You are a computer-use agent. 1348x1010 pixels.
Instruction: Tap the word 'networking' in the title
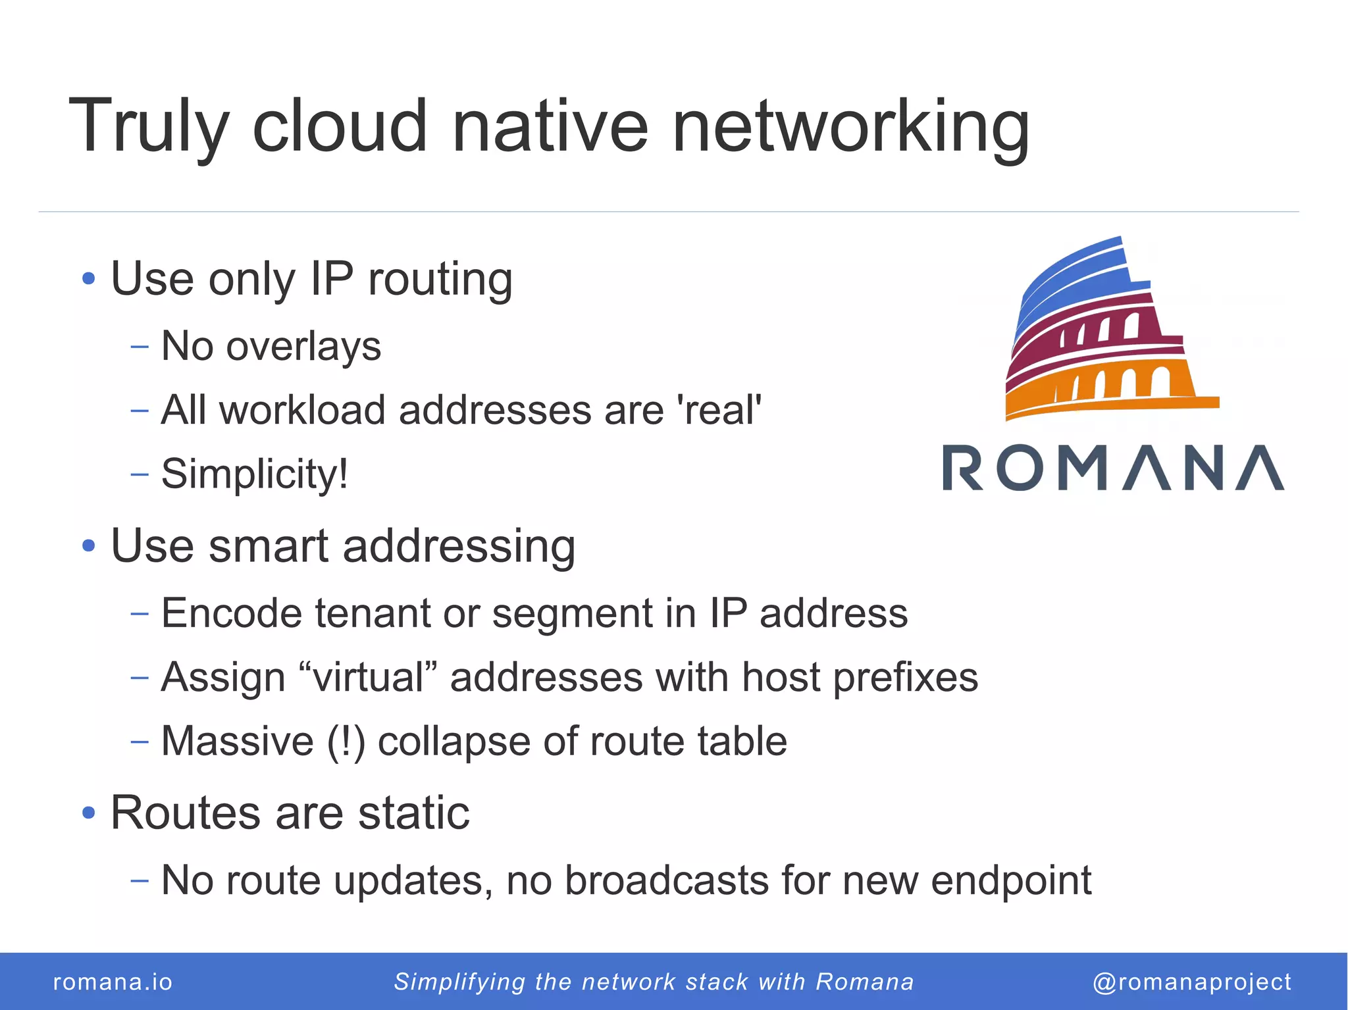850,126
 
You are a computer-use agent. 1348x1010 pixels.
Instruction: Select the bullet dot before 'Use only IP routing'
89,278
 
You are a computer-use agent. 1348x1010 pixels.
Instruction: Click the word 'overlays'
303,346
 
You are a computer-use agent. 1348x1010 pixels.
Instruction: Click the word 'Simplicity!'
255,473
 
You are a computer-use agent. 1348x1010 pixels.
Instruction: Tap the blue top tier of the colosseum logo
1079,276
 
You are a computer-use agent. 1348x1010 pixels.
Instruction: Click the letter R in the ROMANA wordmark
964,467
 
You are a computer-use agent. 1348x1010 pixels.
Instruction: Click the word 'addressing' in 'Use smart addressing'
459,546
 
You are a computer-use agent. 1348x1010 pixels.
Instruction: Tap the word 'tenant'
373,613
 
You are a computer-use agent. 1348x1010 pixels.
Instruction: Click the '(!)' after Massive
346,742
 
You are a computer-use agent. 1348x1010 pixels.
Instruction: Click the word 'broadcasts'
667,880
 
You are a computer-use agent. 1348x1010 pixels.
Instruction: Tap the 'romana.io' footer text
113,982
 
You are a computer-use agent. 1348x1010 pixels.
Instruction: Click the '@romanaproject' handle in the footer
1192,982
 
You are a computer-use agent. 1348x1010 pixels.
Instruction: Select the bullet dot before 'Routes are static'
89,813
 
